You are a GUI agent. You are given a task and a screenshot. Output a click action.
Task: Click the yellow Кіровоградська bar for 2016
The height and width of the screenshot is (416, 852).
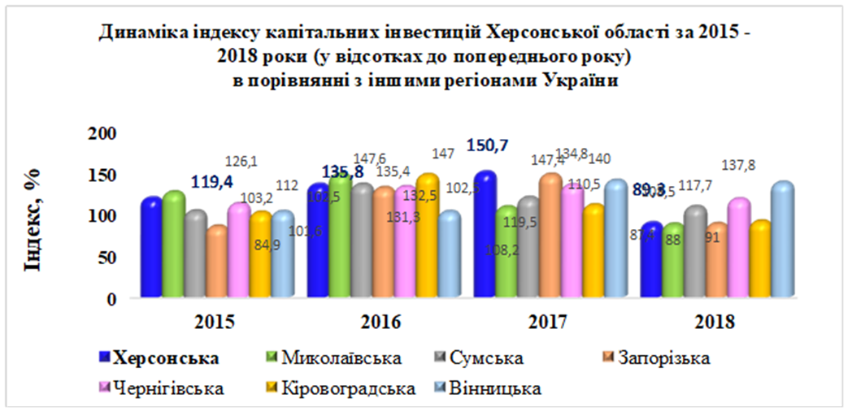coord(428,236)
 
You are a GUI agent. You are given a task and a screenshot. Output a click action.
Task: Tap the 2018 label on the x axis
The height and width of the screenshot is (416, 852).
coord(715,322)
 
